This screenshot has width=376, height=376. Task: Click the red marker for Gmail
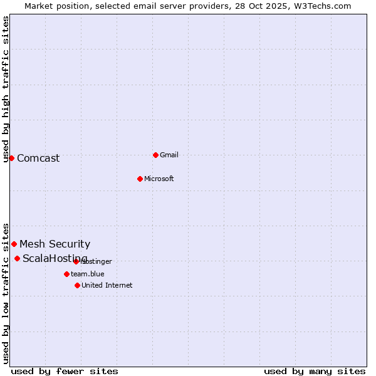pos(155,155)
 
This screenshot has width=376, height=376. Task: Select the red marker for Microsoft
pos(140,179)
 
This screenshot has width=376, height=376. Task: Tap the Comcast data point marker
pos(11,158)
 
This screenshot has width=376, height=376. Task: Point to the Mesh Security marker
pos(14,244)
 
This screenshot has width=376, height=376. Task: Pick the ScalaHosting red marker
pos(17,258)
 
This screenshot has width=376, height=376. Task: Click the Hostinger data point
pos(76,261)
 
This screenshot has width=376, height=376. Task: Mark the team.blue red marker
pos(66,274)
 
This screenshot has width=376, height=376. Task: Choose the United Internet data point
pos(77,285)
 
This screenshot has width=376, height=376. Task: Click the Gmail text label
pos(169,155)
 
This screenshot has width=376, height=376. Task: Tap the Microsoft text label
pos(159,179)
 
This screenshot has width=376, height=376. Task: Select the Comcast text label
pos(38,158)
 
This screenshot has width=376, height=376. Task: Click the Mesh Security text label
pos(55,244)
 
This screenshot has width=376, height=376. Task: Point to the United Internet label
pos(107,285)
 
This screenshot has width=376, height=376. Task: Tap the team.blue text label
pos(88,274)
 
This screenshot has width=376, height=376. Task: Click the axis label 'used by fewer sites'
pos(65,371)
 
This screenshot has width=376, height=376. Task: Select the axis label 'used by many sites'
pos(315,371)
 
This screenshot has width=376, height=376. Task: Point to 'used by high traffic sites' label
pos(6,89)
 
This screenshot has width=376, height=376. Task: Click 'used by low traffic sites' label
pos(6,293)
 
